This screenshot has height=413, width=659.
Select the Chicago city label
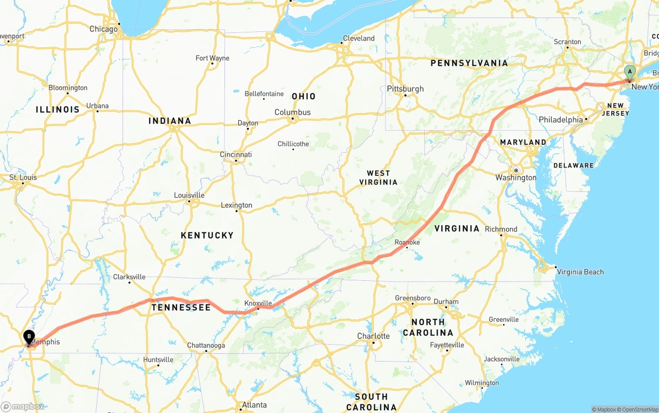pos(103,29)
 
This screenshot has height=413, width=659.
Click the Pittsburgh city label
pos(405,89)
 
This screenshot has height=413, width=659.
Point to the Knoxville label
pos(258,303)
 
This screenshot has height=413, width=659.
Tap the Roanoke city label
pos(407,242)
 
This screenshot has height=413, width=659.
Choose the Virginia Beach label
pos(580,272)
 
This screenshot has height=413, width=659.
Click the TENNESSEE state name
pos(181,308)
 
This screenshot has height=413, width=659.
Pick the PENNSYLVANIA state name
pos(469,63)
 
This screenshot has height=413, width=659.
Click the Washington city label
pos(516,178)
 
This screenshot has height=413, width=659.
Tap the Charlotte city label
pos(373,336)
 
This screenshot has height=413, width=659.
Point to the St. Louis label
pos(23,177)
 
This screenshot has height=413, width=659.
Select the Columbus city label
pos(292,112)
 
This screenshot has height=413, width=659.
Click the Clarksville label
pos(129,277)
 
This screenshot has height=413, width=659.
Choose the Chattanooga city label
pos(206,346)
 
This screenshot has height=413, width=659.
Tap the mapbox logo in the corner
pos(23,406)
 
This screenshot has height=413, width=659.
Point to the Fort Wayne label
pos(212,58)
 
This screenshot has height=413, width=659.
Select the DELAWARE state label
pos(574,166)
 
